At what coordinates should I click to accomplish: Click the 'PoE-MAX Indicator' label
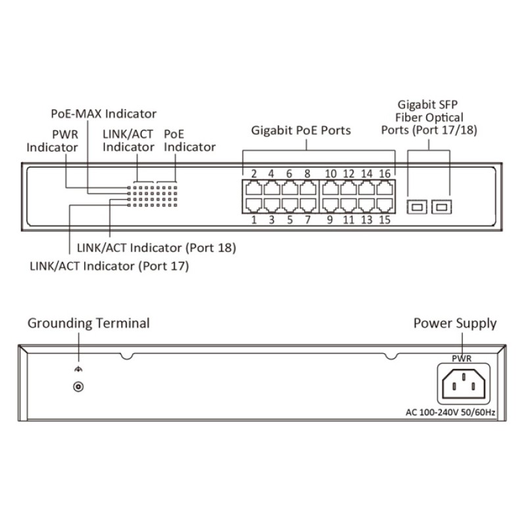[104, 113]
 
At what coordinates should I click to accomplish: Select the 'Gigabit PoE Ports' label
[301, 130]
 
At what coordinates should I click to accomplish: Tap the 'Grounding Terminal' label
[88, 323]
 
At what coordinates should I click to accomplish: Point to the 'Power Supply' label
[454, 323]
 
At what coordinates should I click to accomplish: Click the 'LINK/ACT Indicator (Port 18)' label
[156, 249]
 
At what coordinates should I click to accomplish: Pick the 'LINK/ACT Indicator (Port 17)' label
[109, 266]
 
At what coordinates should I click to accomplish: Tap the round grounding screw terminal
[78, 387]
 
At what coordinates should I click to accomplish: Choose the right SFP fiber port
[441, 206]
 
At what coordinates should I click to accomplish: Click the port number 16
[385, 174]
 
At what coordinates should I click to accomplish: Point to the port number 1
[253, 220]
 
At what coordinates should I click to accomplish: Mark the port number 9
[331, 220]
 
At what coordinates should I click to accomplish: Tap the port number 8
[307, 174]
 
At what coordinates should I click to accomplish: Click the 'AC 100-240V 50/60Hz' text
[450, 412]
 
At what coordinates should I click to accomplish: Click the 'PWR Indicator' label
[52, 140]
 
